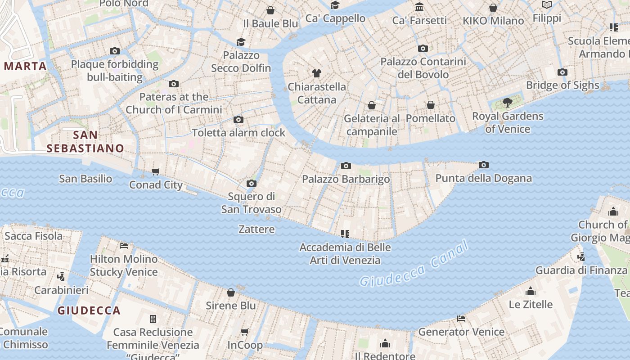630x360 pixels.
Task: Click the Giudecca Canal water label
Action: point(414,264)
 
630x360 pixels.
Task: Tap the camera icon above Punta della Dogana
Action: point(484,165)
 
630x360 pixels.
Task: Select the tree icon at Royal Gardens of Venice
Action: point(508,103)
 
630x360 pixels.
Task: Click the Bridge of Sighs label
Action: point(562,85)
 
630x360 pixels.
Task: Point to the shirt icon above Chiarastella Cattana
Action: point(317,73)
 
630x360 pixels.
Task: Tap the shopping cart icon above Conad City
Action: point(156,171)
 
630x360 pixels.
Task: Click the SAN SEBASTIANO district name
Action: point(85,141)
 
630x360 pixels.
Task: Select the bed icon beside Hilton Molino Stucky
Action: point(124,246)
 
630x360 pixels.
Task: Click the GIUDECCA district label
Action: point(89,310)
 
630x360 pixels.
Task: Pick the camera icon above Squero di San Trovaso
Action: point(252,183)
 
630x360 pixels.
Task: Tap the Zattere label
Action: point(256,229)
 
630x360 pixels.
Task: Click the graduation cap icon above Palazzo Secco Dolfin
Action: point(241,42)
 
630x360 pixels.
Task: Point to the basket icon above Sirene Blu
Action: point(231,292)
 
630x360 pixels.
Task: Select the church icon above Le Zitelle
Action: point(531,291)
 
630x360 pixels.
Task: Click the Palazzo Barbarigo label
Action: point(346,179)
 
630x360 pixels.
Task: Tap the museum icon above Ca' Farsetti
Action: point(419,7)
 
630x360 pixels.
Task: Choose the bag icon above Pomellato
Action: point(431,105)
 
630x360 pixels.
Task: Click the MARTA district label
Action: point(25,66)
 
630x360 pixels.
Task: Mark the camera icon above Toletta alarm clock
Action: point(238,119)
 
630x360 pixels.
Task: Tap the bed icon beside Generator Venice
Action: point(461,319)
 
